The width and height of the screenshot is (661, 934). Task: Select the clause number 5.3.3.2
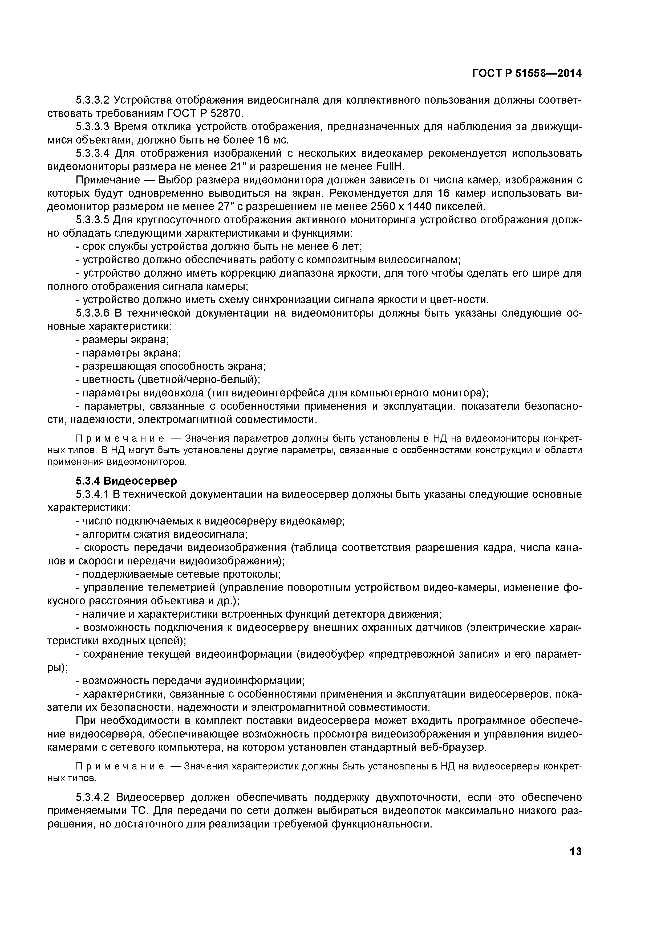coord(93,100)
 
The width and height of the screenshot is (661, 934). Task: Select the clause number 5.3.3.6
coord(93,313)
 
